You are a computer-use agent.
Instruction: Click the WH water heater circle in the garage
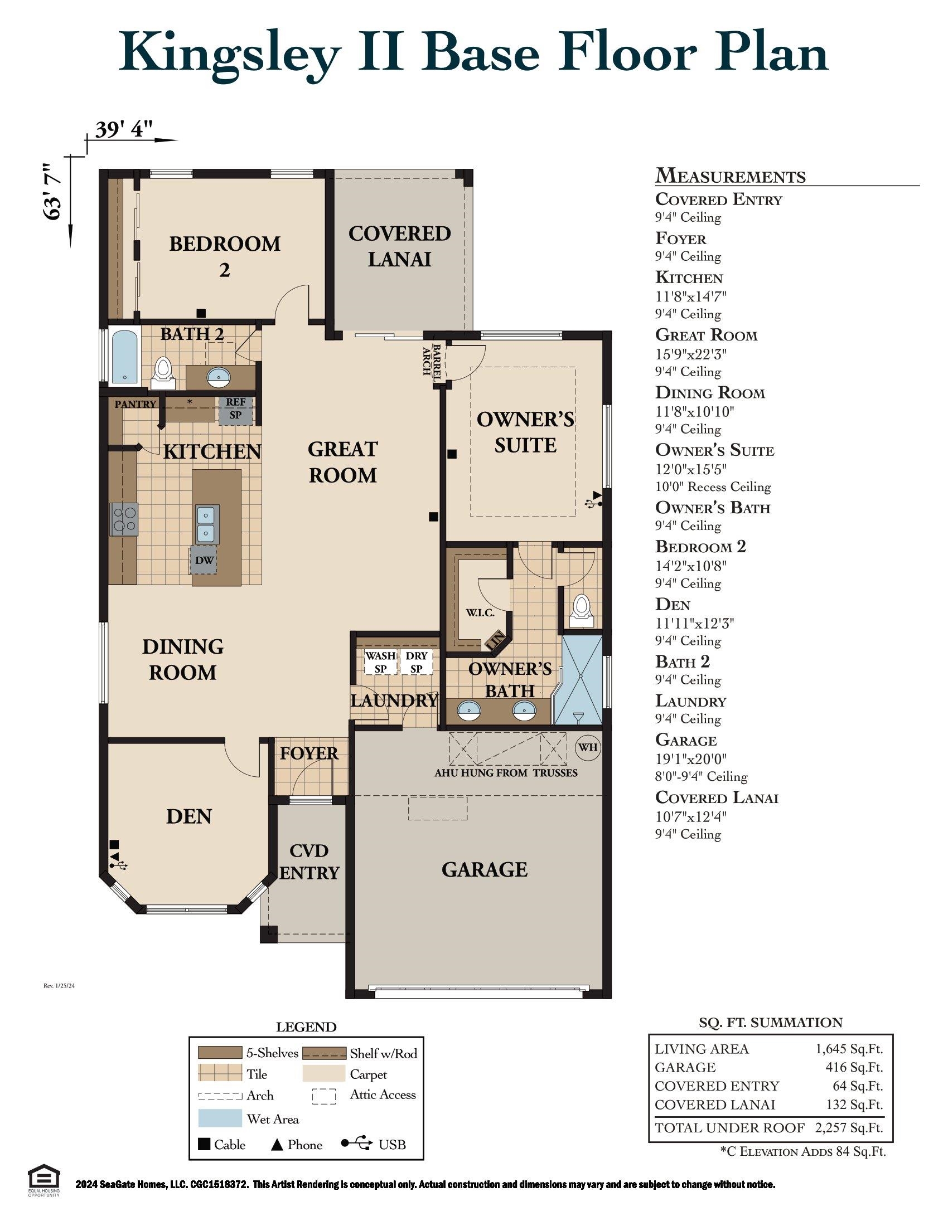(587, 747)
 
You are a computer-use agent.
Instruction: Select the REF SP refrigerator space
(235, 410)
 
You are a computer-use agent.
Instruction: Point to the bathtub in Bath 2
(124, 358)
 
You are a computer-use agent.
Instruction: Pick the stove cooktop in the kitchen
(124, 519)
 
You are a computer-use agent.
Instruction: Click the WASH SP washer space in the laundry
(380, 663)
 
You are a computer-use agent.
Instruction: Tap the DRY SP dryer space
(416, 663)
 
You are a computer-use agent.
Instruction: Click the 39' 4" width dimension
(124, 130)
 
